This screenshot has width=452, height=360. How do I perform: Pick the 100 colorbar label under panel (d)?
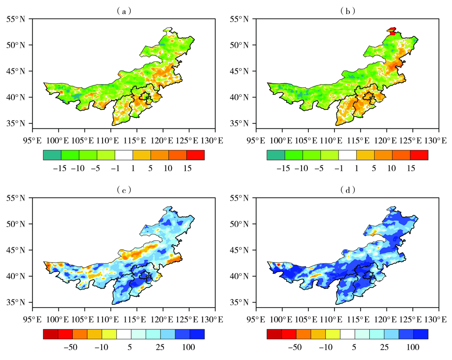(413, 347)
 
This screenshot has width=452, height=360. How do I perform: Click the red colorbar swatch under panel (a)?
(195, 155)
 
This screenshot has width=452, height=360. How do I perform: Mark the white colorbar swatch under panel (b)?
(347, 155)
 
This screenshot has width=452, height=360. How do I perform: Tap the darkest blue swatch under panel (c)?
(197, 334)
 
